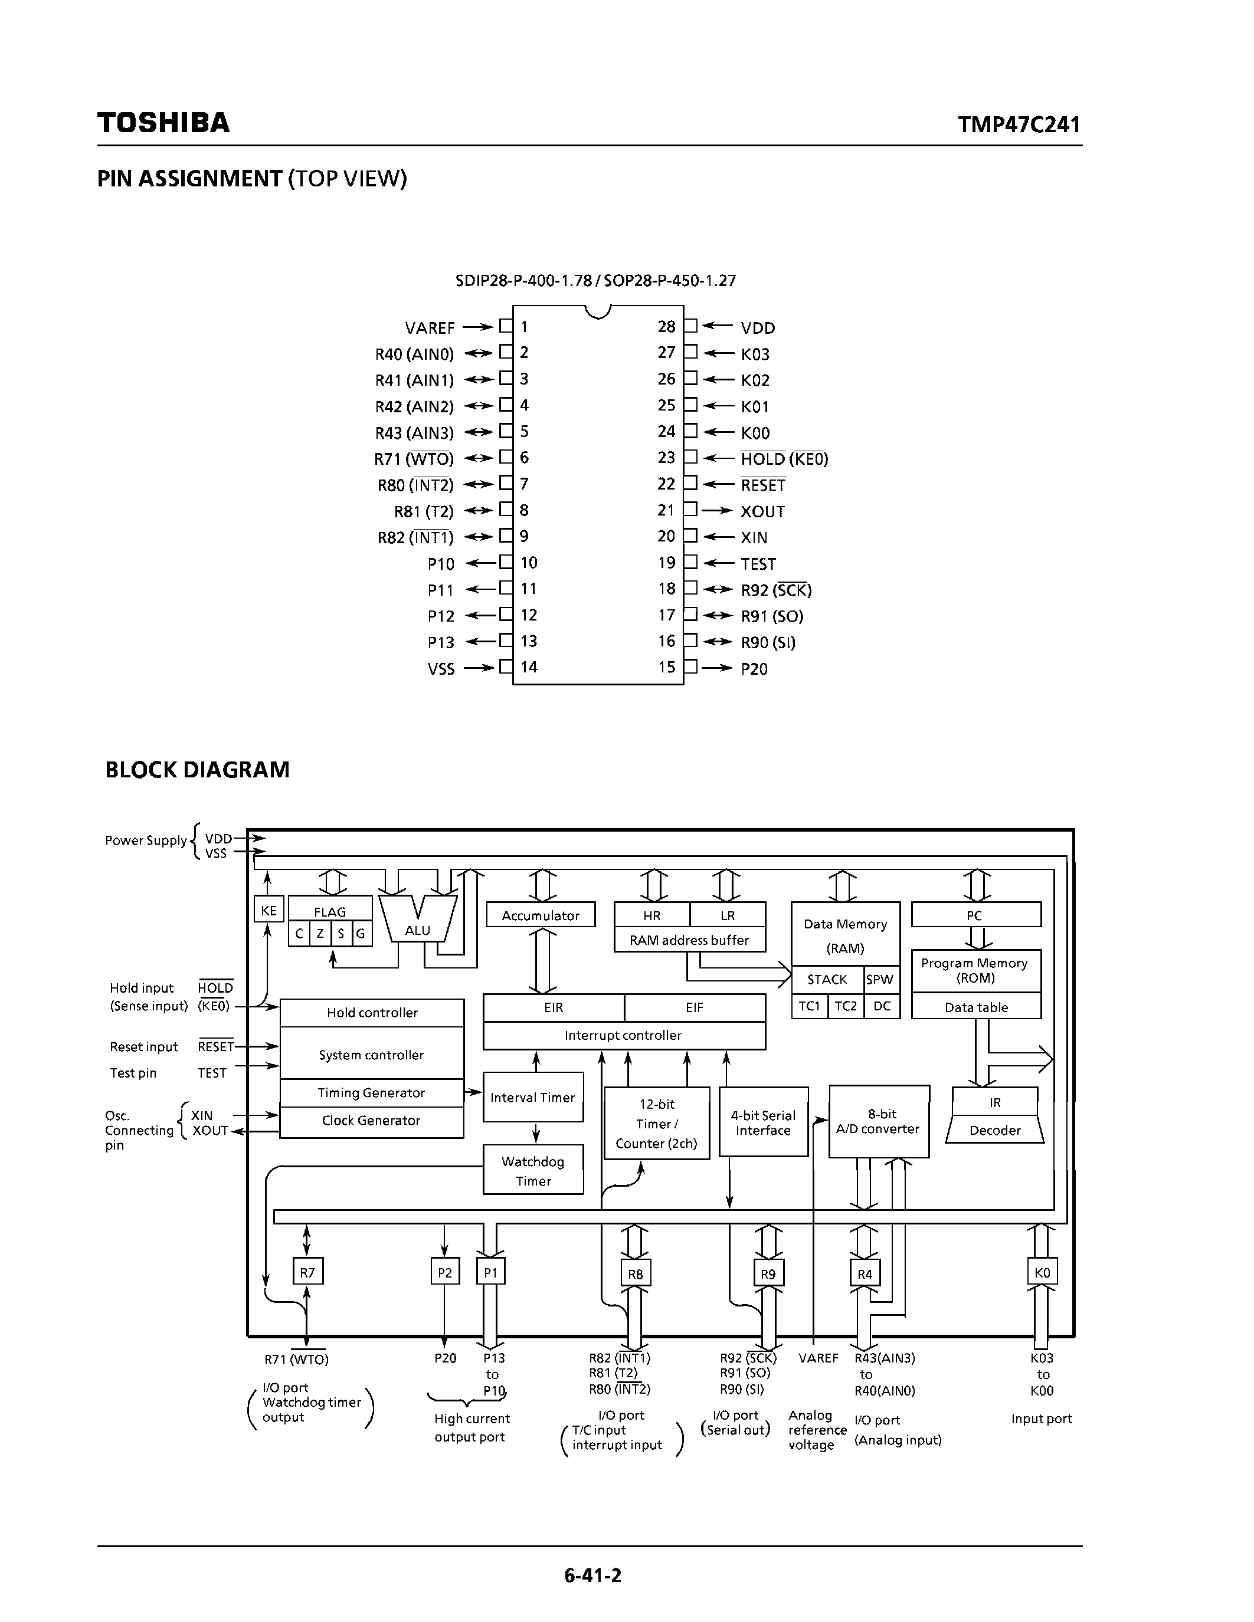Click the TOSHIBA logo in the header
pyautogui.click(x=163, y=123)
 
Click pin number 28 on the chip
pyautogui.click(x=666, y=327)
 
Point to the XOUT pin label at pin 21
pyautogui.click(x=762, y=512)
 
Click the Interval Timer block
pyautogui.click(x=533, y=1098)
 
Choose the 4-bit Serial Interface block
pyautogui.click(x=763, y=1123)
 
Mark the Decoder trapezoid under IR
pyautogui.click(x=995, y=1130)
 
